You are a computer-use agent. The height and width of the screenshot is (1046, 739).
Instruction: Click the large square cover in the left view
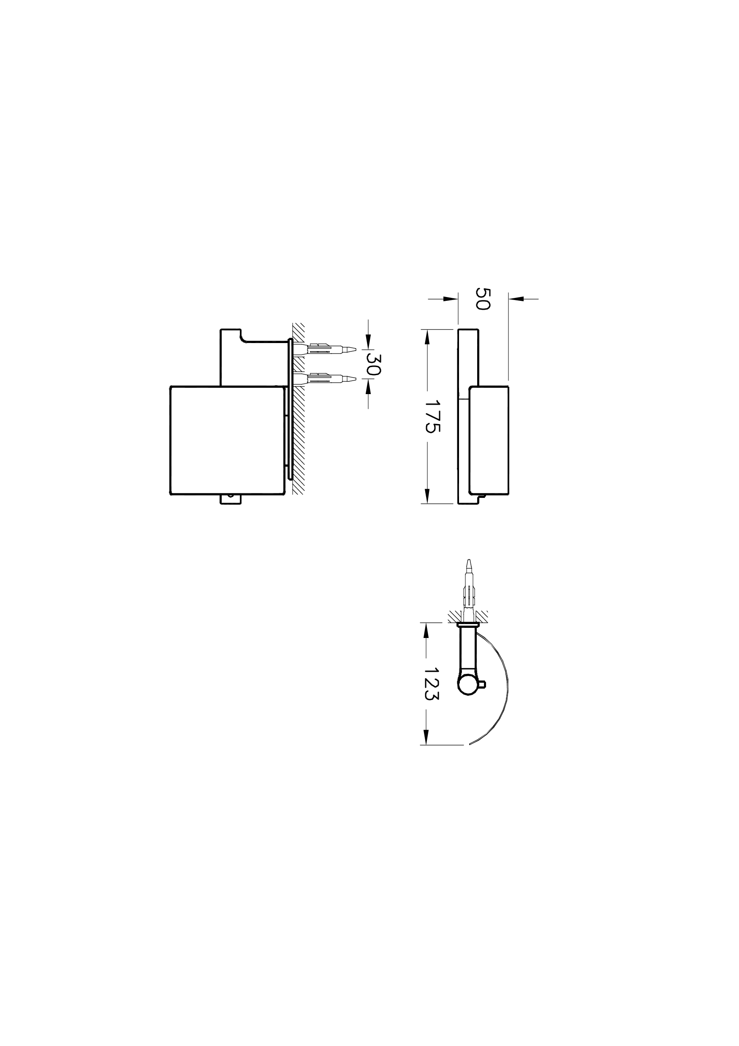pyautogui.click(x=227, y=441)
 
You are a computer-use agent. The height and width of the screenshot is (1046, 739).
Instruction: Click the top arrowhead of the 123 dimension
pyautogui.click(x=426, y=630)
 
